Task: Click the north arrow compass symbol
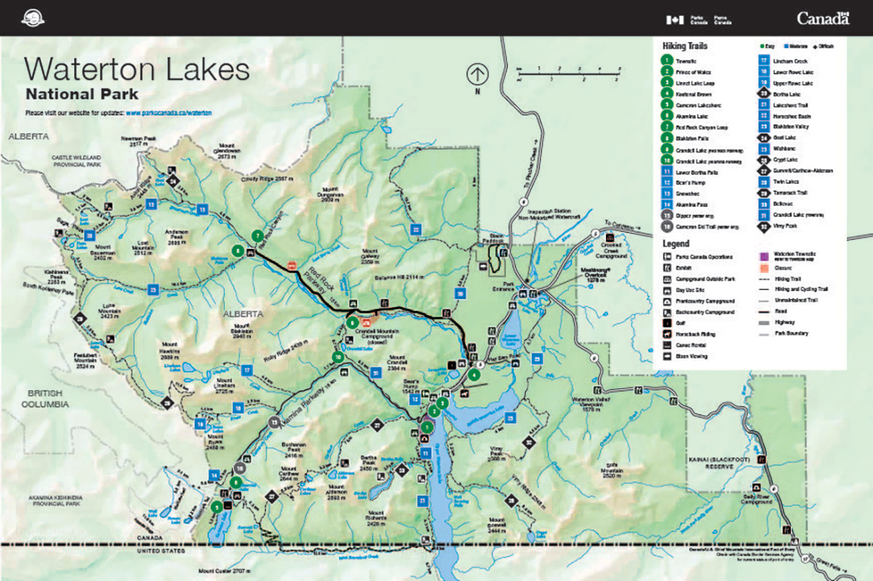[477, 73]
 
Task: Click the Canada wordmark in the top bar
[822, 18]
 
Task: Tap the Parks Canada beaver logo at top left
[33, 17]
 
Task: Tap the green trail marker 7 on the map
[257, 236]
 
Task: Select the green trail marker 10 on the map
[338, 356]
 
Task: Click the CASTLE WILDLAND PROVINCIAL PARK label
[76, 161]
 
